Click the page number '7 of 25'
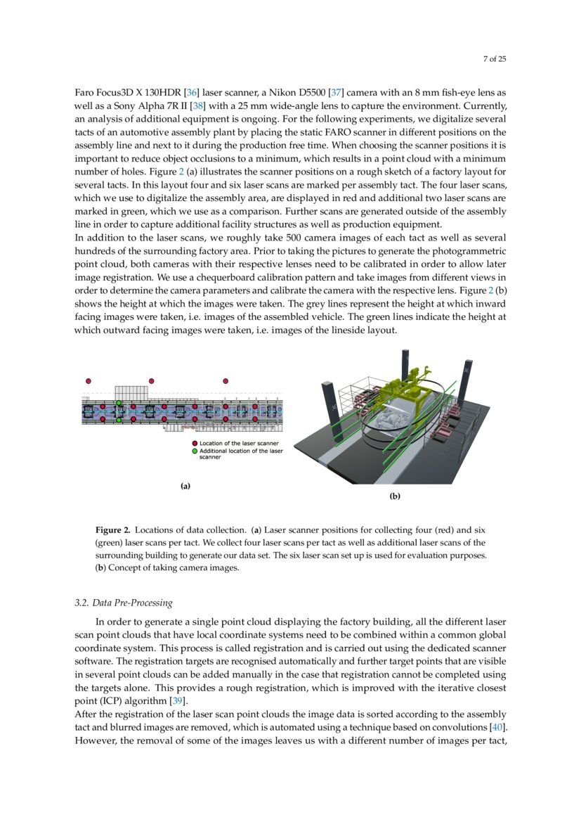coord(494,59)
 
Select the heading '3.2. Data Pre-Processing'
coord(123,603)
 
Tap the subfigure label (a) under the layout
coord(185,486)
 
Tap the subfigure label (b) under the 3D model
coord(395,496)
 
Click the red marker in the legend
coord(195,444)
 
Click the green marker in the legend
coord(195,451)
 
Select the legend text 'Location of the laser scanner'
coord(239,444)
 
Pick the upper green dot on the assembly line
coord(119,403)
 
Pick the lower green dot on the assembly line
coord(119,419)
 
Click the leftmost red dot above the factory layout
coord(89,380)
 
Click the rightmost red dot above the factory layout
coord(226,380)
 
